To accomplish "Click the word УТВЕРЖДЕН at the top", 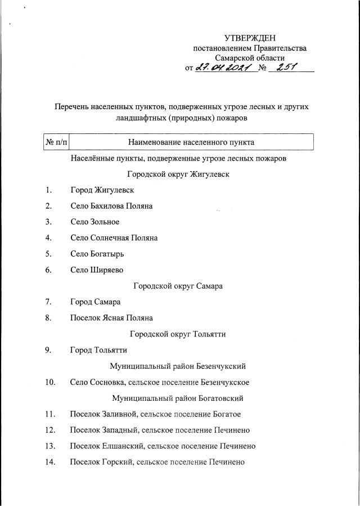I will [x=250, y=38].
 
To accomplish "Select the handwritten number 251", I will [x=284, y=68].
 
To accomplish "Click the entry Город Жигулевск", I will [x=102, y=190].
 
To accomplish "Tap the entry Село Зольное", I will [x=94, y=222].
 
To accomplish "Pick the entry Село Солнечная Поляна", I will [x=114, y=238].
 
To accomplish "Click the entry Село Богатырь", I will [x=97, y=253].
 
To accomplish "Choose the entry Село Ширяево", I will [x=97, y=270].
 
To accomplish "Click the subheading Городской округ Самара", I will [x=178, y=286].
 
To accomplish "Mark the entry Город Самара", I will [x=95, y=302].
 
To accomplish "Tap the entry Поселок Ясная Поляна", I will [x=111, y=317].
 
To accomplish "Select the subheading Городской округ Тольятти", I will [x=178, y=334].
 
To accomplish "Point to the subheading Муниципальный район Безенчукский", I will [x=178, y=366].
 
